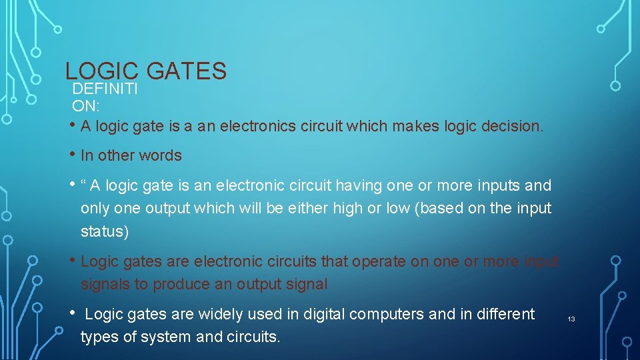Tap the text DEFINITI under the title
tap(105, 89)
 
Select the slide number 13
tap(571, 319)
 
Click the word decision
tap(514, 126)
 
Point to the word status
tap(103, 231)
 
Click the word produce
tap(179, 284)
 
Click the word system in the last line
tap(168, 337)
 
